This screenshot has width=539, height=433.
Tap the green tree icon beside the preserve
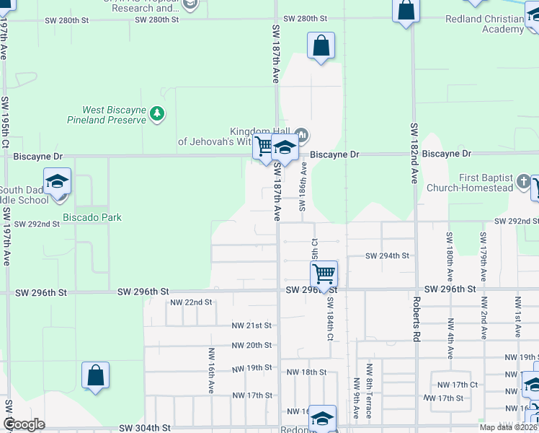[x=157, y=113]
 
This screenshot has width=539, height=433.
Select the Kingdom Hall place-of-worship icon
[x=303, y=135]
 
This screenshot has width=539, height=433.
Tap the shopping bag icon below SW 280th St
[x=321, y=45]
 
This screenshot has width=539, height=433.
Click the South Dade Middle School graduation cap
[x=57, y=181]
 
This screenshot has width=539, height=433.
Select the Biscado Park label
[x=92, y=217]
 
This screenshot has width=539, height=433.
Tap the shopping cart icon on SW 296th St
[x=324, y=274]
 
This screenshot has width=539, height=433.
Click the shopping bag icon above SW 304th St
[x=95, y=375]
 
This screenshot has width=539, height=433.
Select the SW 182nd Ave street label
[x=414, y=152]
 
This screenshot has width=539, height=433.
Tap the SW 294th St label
[x=387, y=255]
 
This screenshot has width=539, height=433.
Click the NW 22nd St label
[x=191, y=302]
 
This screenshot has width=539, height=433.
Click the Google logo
[x=24, y=424]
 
